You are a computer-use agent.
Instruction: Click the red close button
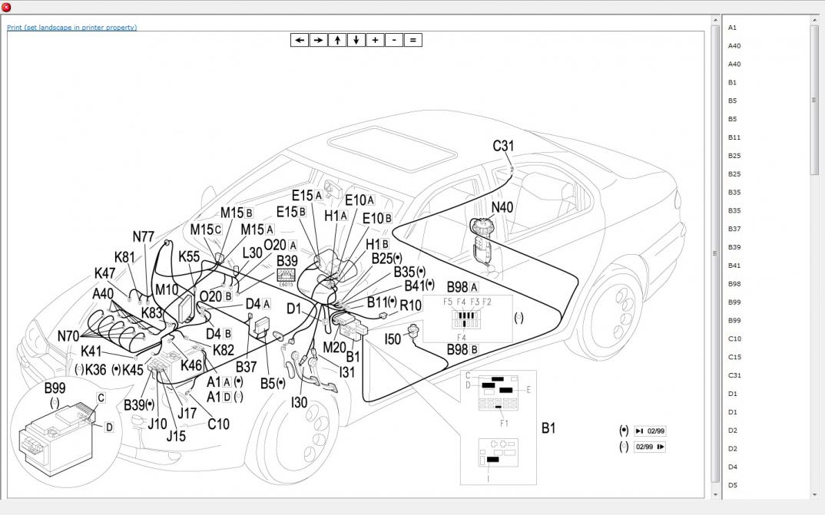coord(6,7)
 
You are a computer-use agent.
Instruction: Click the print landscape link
coord(71,28)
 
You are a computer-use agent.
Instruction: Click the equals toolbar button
coord(412,40)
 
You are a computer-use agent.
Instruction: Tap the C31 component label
coord(503,146)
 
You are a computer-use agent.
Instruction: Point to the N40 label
coord(502,207)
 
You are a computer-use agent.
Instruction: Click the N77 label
coord(144,237)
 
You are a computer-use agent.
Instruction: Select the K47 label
coord(104,273)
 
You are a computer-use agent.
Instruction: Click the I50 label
coord(393,338)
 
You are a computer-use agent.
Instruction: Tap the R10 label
coord(411,305)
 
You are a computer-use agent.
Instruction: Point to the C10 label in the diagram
coord(218,424)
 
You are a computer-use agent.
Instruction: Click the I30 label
coord(299,402)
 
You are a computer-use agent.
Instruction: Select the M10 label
coord(166,289)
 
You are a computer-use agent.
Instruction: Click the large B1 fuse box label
coord(548,428)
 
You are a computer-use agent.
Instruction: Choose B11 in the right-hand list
coord(734,137)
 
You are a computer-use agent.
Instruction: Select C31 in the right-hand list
coord(734,375)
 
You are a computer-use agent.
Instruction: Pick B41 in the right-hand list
coord(734,266)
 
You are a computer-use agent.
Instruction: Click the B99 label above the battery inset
coord(55,388)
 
